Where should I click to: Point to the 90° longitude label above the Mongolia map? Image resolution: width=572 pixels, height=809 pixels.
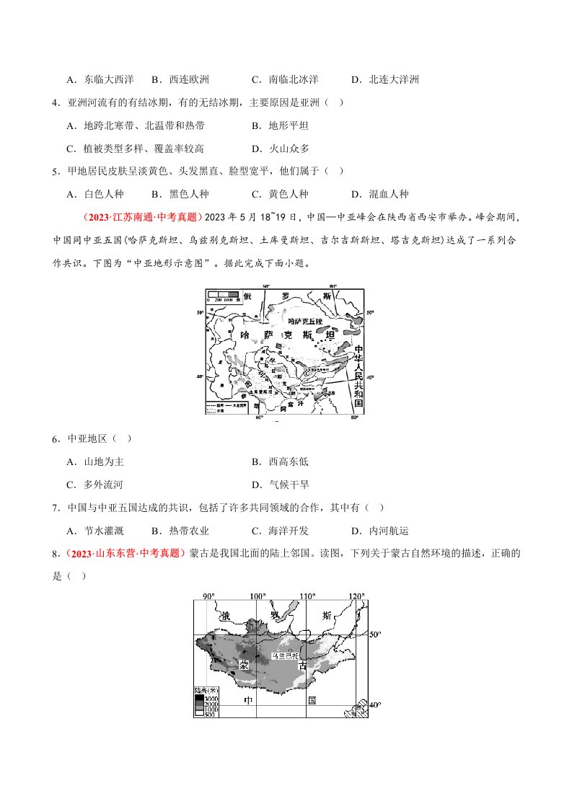pos(208,596)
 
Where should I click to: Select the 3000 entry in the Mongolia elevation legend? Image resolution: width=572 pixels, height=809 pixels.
pos(211,697)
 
